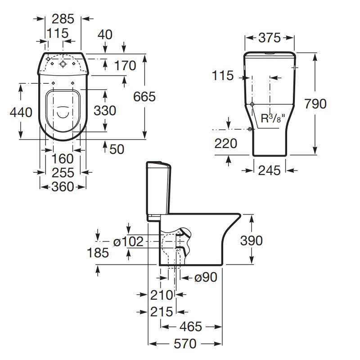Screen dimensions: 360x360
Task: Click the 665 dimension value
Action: pyautogui.click(x=144, y=96)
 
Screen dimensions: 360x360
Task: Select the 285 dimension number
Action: pyautogui.click(x=63, y=19)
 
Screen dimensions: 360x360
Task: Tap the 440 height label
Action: pyautogui.click(x=21, y=112)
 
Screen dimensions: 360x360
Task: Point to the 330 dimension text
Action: pyautogui.click(x=105, y=111)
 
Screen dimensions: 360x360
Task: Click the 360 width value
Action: pyautogui.click(x=63, y=186)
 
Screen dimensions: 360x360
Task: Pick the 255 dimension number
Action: pyautogui.click(x=63, y=173)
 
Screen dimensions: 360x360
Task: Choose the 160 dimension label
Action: pyautogui.click(x=63, y=159)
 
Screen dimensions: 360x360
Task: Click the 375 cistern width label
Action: pyautogui.click(x=270, y=38)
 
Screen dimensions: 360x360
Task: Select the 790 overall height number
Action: pyautogui.click(x=315, y=104)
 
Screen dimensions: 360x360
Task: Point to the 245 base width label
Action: pyautogui.click(x=269, y=170)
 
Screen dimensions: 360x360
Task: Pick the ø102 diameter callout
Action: pyautogui.click(x=128, y=242)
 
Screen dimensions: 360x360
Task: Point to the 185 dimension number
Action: pyautogui.click(x=98, y=253)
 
